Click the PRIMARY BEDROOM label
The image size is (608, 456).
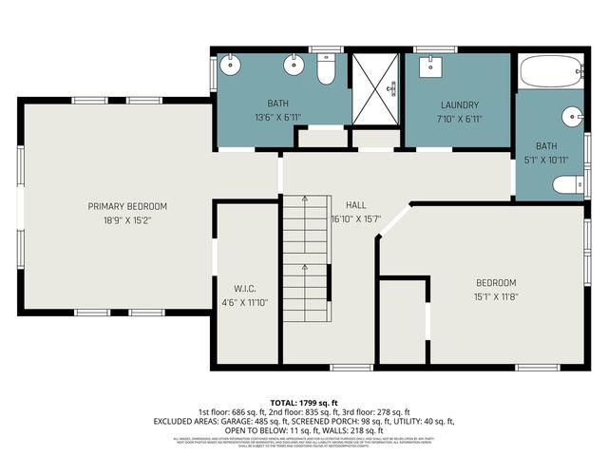coord(127,206)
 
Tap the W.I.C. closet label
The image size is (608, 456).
coord(245,289)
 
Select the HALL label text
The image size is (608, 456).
coord(355,204)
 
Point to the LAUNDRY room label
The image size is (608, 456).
coord(459,105)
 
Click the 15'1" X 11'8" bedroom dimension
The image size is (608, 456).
coord(496,295)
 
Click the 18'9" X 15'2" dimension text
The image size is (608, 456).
coord(127,219)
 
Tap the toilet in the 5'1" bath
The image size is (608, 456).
coord(567,183)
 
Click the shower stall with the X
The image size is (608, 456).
coord(375,84)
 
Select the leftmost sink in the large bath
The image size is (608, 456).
coord(231,66)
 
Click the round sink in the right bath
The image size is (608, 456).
coord(571,118)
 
